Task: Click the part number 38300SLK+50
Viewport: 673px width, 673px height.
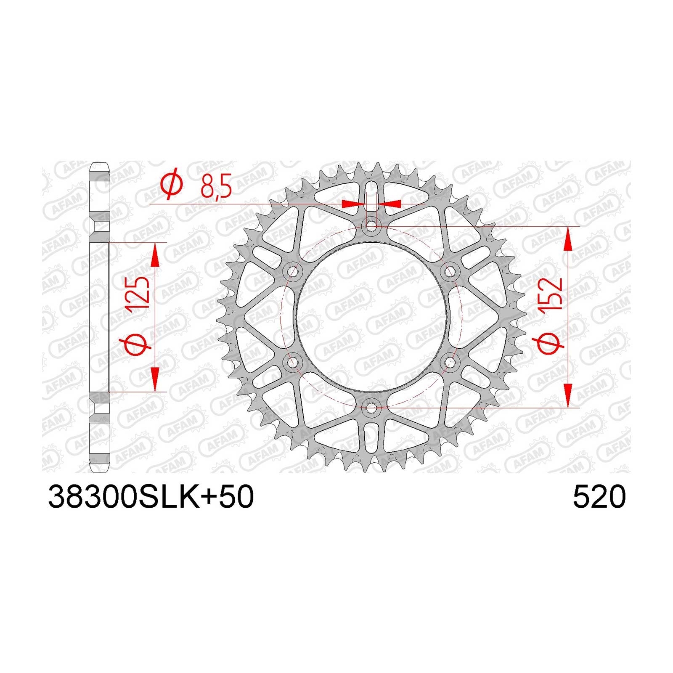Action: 151,497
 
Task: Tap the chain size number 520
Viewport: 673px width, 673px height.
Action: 599,497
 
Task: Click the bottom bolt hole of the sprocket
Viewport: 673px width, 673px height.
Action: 371,408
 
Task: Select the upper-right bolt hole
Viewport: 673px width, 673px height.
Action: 450,272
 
